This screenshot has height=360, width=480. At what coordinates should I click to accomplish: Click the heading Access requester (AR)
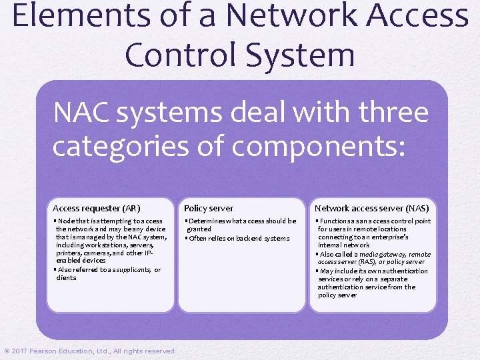pos(96,208)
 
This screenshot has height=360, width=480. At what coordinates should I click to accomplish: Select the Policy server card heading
pos(209,208)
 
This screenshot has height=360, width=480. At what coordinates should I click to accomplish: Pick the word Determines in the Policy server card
pos(209,221)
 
